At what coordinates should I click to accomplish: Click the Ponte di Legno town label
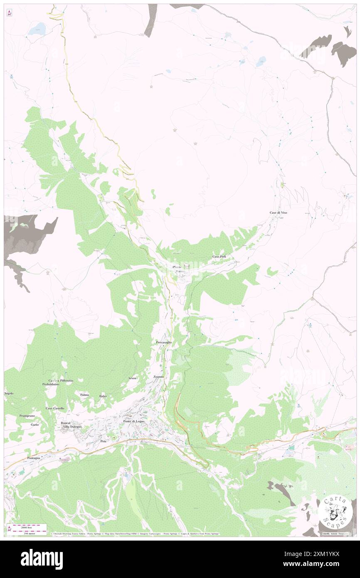(133, 422)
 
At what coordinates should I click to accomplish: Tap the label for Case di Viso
(278, 212)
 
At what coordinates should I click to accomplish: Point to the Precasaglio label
(164, 342)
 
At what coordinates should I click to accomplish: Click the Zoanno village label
(158, 376)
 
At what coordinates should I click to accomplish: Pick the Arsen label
(132, 378)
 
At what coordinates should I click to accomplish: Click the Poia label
(104, 441)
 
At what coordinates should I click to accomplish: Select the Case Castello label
(55, 408)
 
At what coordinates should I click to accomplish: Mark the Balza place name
(103, 396)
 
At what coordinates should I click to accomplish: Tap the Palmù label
(85, 394)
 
